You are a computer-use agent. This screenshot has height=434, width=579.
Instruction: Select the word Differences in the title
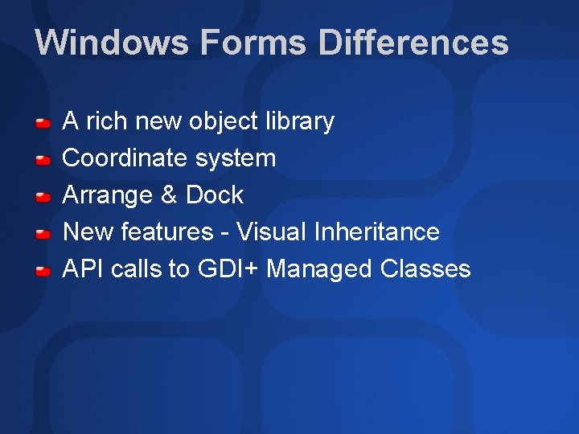point(413,43)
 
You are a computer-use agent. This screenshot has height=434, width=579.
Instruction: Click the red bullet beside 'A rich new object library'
point(43,123)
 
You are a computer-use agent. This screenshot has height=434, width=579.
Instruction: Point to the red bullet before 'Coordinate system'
point(43,160)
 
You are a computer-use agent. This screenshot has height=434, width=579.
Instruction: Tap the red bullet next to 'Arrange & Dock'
point(43,197)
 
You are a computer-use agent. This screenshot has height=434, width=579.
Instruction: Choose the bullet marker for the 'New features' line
point(43,234)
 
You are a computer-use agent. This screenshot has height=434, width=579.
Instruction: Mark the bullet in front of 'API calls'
point(43,271)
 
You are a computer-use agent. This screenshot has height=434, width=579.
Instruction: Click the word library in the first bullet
point(299,121)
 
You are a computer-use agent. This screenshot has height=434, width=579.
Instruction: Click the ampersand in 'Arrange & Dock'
point(170,195)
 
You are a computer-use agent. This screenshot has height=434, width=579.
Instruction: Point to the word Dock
point(215,195)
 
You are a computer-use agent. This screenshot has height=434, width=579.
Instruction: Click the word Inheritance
point(377,232)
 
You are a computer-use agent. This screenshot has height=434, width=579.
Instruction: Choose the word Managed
point(319,269)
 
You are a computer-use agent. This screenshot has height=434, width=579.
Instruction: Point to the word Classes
point(425,269)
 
